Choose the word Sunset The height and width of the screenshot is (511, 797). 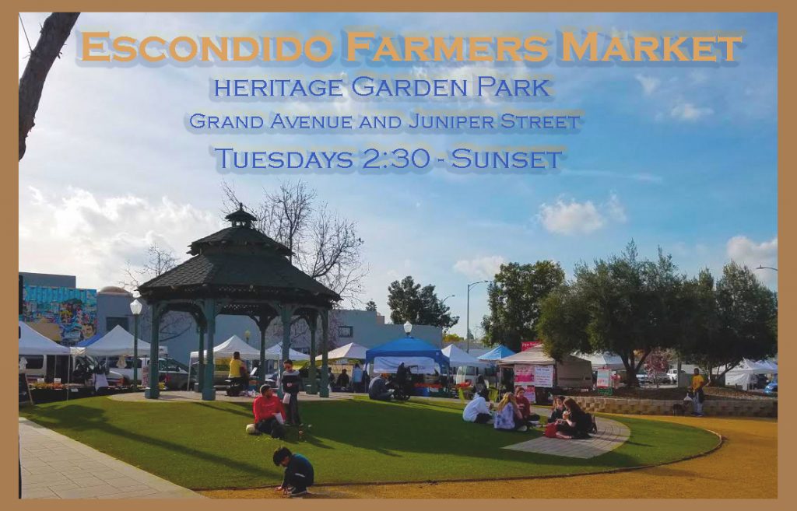[x=507, y=159]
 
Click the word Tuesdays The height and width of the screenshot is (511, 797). [x=284, y=159]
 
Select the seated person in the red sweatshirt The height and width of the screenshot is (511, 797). [x=269, y=411]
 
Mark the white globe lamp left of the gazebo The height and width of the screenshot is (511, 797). [x=135, y=306]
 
